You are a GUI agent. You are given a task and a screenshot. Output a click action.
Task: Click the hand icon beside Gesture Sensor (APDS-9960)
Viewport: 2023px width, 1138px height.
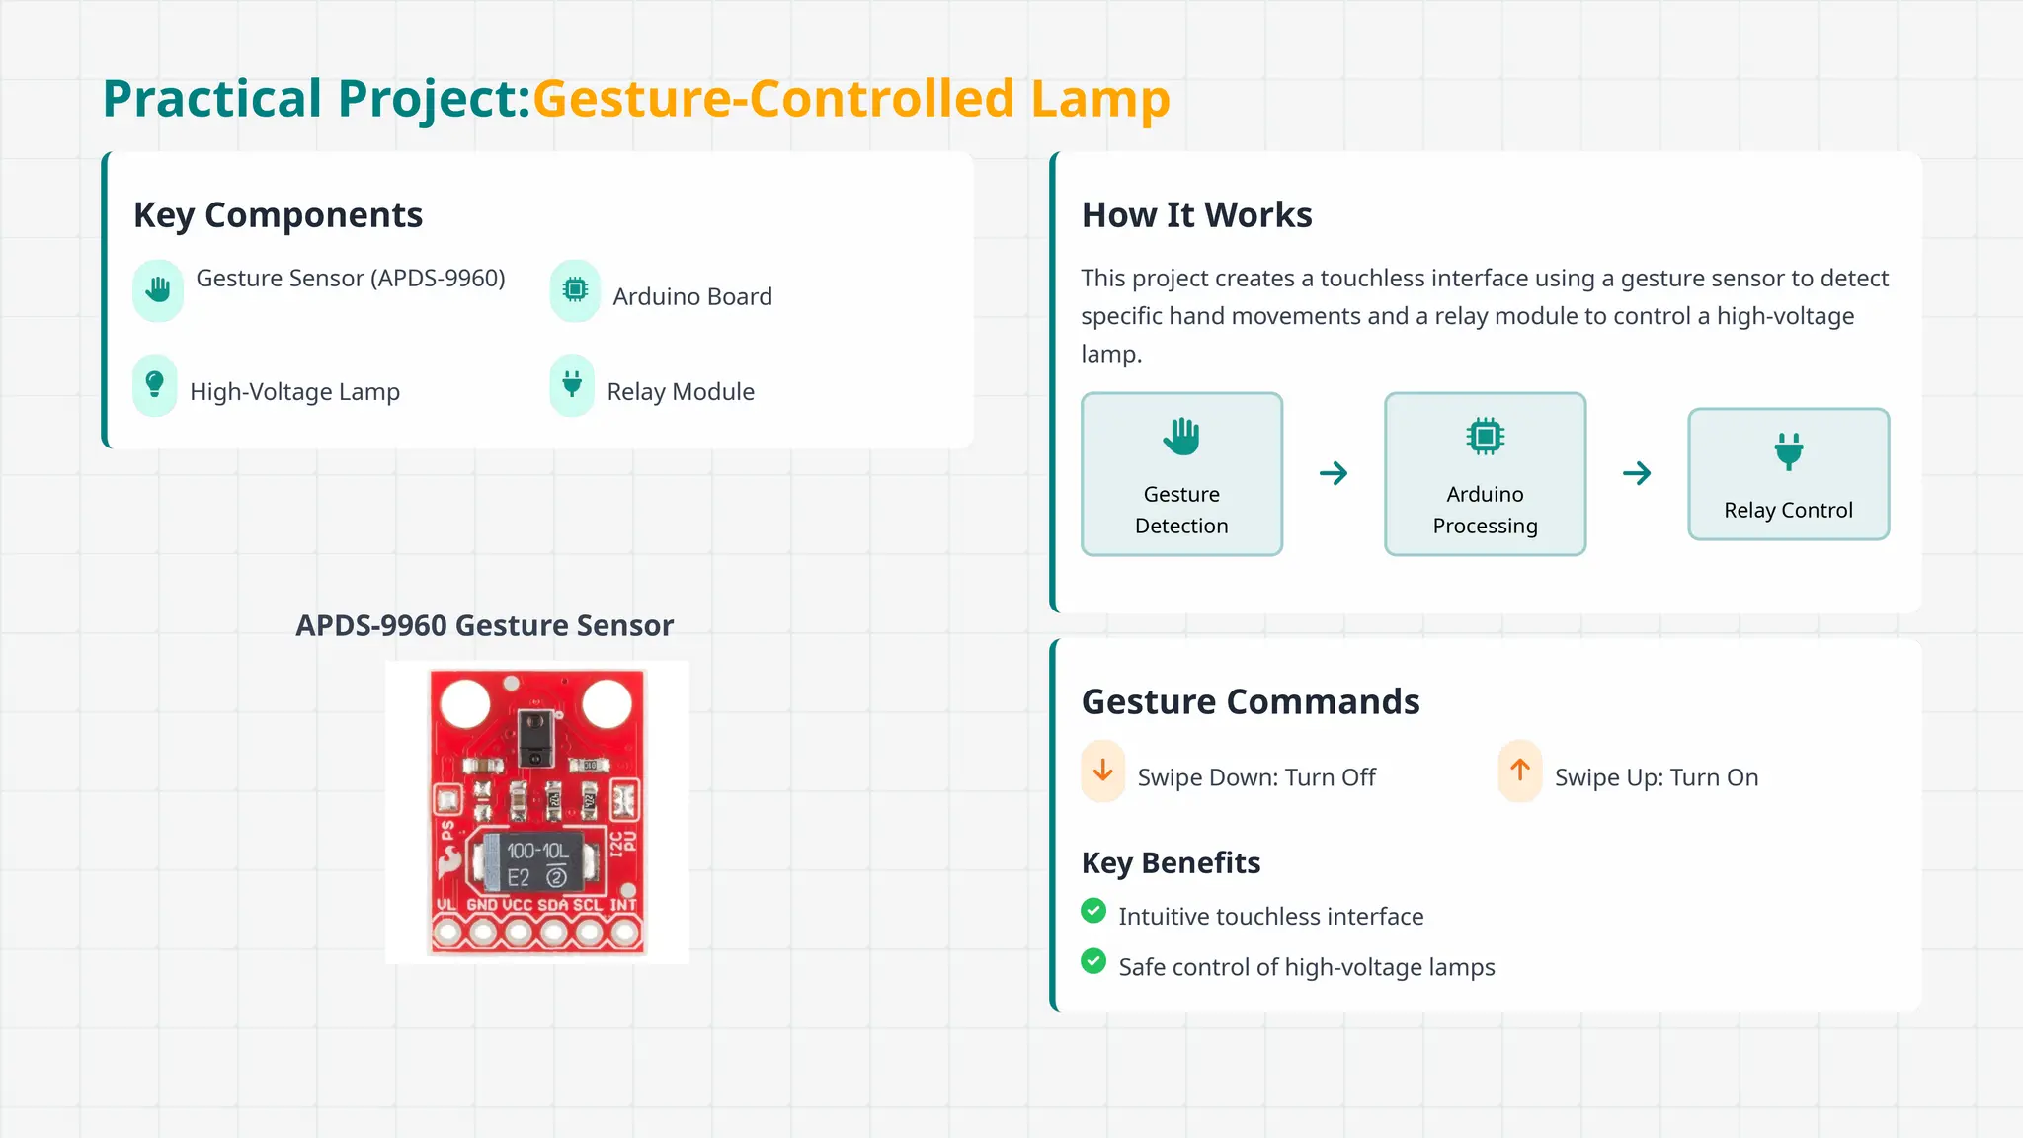tap(158, 289)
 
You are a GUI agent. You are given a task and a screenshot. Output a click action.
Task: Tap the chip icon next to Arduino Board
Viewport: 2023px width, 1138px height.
tap(575, 289)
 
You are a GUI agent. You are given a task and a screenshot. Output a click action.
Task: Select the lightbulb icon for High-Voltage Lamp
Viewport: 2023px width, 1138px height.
tap(155, 384)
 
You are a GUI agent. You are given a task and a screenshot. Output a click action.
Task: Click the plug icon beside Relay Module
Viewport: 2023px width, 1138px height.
tap(572, 384)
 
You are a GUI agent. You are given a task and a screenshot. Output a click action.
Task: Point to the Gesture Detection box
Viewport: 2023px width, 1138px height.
tap(1181, 474)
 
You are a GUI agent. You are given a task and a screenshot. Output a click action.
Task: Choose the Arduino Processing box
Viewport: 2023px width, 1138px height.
tap(1485, 474)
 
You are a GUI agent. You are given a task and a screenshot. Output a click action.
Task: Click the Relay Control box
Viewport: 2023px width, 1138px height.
tap(1788, 474)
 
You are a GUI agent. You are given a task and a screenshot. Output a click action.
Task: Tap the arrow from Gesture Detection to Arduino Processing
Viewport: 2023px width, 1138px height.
tap(1334, 473)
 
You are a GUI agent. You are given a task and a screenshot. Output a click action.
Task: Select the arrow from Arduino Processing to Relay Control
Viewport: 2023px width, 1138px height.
tap(1637, 473)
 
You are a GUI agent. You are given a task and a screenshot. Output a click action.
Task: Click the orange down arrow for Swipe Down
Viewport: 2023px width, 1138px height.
tap(1103, 771)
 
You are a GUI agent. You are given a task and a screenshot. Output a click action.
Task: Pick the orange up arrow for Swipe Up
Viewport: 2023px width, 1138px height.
tap(1520, 771)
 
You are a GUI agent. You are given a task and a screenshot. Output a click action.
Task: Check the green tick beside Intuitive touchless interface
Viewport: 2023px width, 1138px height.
tap(1093, 911)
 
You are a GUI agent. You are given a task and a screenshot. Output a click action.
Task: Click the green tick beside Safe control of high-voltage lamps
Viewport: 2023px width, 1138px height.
tap(1093, 961)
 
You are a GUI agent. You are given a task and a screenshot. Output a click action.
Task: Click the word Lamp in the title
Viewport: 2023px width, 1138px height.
tap(1099, 99)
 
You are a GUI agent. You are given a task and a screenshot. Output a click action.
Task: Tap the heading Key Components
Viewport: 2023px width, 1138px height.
tap(278, 215)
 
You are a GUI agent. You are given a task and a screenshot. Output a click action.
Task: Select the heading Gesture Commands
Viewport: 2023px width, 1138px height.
tap(1251, 701)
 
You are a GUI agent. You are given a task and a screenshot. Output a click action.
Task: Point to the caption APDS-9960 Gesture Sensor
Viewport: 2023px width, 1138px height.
tap(484, 625)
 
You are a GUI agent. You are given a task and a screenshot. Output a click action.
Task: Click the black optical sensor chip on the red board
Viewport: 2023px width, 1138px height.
tap(535, 737)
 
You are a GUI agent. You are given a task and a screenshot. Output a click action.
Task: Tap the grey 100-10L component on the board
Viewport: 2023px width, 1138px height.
tap(537, 862)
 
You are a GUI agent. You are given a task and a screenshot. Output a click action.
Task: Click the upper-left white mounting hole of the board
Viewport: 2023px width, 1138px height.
tap(464, 703)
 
